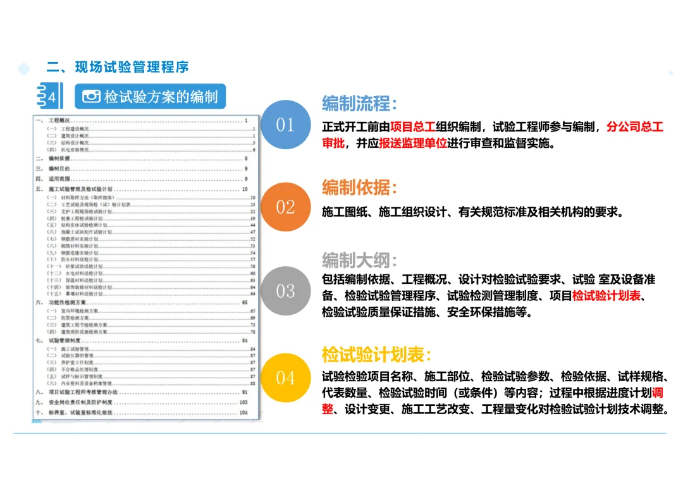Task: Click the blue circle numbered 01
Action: pos(285,125)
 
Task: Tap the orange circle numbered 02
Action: pos(285,207)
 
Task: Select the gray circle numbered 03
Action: pos(285,291)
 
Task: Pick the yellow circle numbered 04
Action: pos(285,377)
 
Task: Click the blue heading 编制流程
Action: pos(359,103)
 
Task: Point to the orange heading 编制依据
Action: pos(359,187)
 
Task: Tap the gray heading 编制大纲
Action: pos(359,260)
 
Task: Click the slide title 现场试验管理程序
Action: pos(132,67)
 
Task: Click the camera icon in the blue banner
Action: pos(92,97)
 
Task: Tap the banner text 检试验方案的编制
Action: pos(161,97)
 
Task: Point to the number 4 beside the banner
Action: pos(52,97)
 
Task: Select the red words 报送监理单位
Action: pos(413,144)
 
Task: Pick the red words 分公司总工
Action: pos(634,127)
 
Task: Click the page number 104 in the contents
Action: pos(243,413)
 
